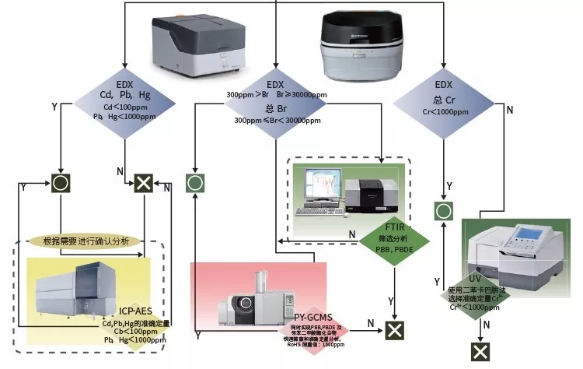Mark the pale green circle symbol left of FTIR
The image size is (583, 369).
(194, 184)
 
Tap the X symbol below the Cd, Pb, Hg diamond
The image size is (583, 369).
(143, 184)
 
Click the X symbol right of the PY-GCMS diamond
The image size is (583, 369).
(396, 329)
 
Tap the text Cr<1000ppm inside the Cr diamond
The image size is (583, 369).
(444, 112)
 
